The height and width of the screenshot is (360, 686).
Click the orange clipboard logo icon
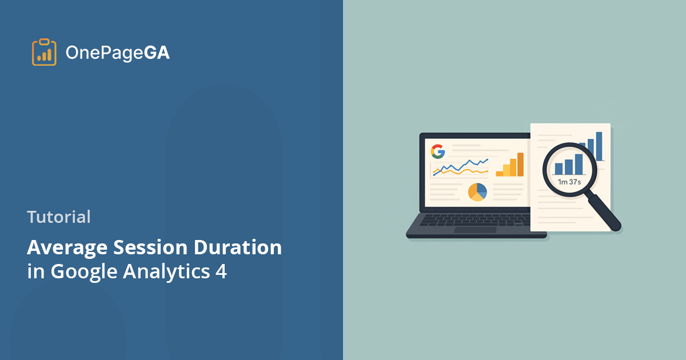click(44, 53)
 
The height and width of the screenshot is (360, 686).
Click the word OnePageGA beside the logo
click(117, 53)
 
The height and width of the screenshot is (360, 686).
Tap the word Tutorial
click(58, 217)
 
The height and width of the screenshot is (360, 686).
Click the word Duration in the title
click(237, 248)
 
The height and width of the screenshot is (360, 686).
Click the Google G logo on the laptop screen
click(438, 151)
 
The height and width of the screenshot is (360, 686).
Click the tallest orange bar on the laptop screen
click(520, 165)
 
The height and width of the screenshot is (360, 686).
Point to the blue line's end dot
click(487, 159)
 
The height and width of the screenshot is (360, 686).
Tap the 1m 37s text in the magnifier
click(569, 182)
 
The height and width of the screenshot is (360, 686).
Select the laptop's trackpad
click(476, 230)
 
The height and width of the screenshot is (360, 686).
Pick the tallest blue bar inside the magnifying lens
click(579, 164)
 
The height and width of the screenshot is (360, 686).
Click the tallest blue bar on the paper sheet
click(599, 146)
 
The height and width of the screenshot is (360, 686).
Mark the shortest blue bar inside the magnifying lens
click(558, 169)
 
